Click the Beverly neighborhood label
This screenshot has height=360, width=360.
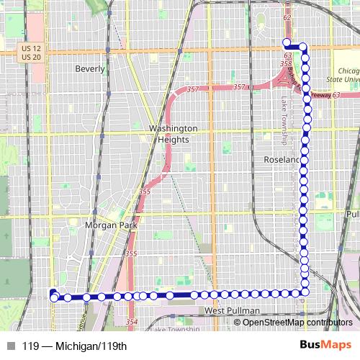[90, 70]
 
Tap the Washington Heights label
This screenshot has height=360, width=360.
[173, 133]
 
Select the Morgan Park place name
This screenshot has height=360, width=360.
[106, 225]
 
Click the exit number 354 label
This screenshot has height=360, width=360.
[131, 321]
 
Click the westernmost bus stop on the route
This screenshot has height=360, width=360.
[54, 297]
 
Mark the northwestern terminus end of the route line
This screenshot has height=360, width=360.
[286, 42]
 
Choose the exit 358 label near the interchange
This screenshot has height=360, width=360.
[286, 64]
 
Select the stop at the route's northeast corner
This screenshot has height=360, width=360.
[303, 48]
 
